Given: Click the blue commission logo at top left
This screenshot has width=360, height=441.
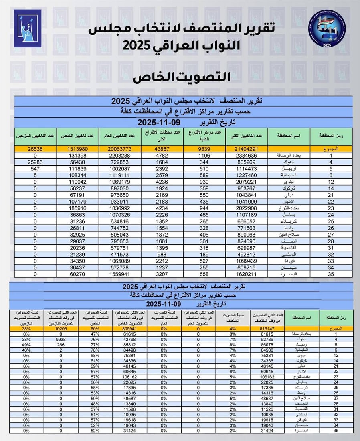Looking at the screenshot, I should [x=28, y=28].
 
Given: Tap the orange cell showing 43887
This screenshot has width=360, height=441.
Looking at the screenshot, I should [x=163, y=149].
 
